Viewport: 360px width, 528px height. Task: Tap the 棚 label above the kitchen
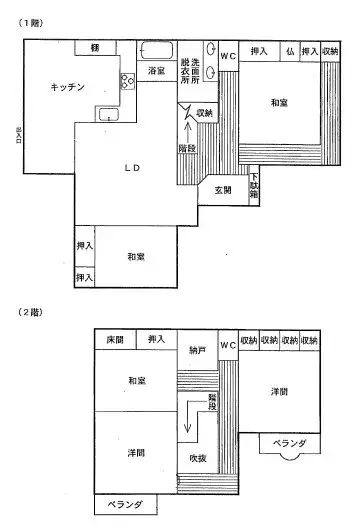[94, 48]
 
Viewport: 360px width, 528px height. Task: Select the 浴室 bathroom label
[156, 71]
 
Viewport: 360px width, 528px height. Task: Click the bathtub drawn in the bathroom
[157, 50]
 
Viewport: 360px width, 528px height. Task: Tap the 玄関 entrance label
[222, 190]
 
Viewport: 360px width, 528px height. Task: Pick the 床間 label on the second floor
[115, 340]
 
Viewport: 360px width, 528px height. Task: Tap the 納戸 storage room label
[197, 351]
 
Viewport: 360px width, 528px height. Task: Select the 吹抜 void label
[198, 458]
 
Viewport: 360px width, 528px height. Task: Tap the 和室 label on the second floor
[137, 380]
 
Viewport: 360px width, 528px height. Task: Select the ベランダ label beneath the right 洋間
[287, 442]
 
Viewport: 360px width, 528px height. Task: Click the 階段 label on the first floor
[187, 147]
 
